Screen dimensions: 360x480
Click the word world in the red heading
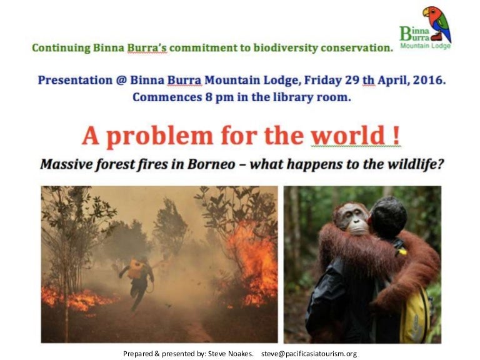355,136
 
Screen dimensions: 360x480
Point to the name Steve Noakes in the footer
231,354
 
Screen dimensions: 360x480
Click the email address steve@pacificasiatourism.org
309,354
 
